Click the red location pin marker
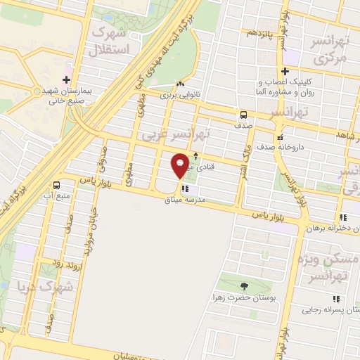[181, 165]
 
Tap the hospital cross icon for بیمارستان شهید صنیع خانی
[67, 79]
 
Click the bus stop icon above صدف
[243, 114]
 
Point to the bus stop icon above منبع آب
[56, 185]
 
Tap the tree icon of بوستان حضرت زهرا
[244, 285]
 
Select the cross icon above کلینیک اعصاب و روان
[285, 71]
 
